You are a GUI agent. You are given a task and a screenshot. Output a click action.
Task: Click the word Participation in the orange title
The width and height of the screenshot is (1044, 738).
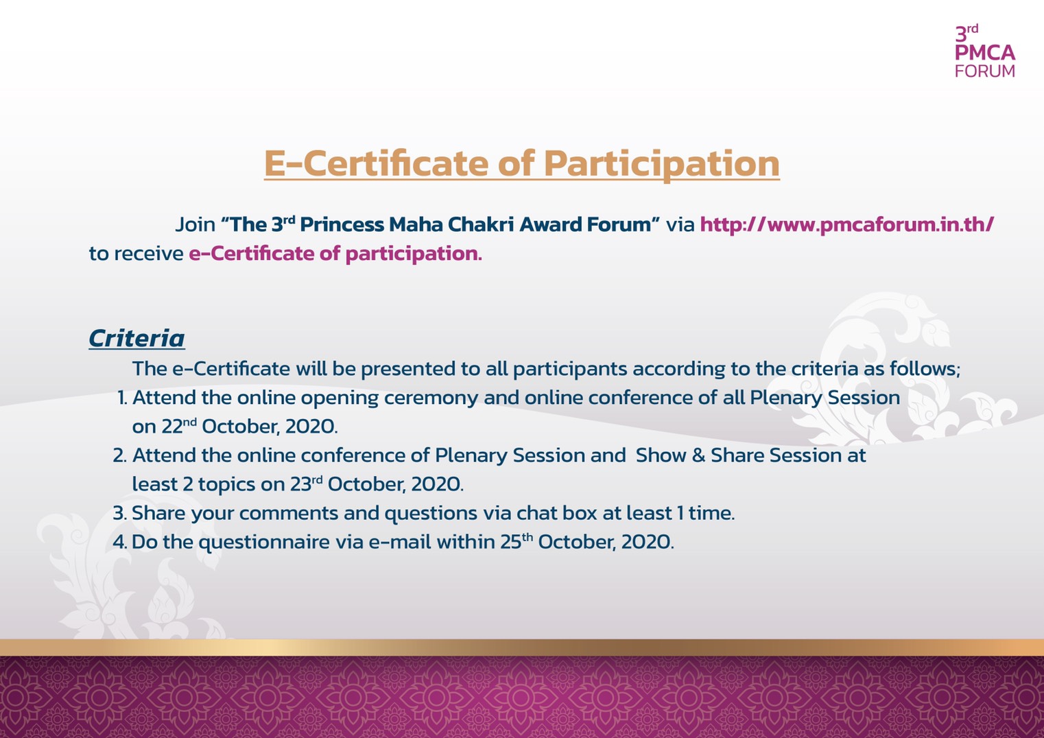661,165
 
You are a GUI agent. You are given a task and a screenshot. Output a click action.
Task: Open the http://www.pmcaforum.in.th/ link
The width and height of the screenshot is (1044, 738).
847,224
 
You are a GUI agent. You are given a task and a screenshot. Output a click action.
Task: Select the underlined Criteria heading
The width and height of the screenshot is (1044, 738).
137,338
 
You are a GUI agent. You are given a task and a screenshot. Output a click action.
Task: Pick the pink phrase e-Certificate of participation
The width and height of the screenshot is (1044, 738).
335,254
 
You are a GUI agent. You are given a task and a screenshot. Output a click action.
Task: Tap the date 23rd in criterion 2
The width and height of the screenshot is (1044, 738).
306,484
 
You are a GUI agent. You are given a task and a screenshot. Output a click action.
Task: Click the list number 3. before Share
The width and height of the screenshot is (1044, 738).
120,513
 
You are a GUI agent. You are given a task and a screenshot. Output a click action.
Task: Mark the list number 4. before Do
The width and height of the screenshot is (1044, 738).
120,542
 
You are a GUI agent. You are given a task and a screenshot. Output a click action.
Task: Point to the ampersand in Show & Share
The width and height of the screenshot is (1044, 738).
698,455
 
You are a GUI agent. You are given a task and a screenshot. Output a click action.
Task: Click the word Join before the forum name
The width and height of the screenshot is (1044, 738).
195,225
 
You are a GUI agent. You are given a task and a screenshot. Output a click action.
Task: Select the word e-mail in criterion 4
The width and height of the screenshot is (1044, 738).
400,542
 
